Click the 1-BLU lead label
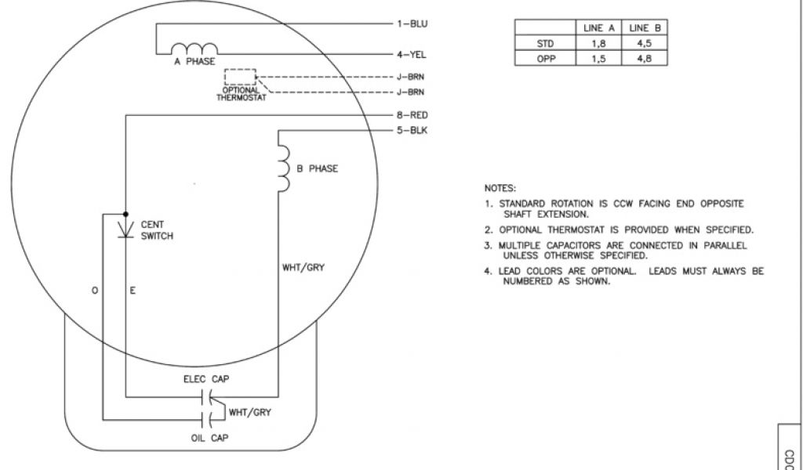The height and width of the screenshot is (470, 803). (x=412, y=23)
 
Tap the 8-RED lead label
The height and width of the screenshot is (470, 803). (x=412, y=115)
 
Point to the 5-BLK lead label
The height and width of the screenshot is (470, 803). (x=412, y=130)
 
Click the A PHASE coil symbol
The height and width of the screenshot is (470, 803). (x=189, y=49)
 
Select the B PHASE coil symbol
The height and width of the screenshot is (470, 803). (x=283, y=167)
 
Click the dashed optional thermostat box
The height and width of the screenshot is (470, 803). (x=240, y=77)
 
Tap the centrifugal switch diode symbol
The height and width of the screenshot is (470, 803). (x=125, y=229)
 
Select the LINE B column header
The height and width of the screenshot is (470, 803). (x=645, y=28)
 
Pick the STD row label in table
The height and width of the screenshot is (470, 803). (x=545, y=43)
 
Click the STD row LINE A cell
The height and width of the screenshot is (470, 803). (x=598, y=43)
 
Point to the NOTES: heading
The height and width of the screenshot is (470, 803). (x=500, y=188)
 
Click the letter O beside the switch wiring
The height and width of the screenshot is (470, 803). (x=95, y=291)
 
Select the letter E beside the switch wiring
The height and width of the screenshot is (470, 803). (x=133, y=291)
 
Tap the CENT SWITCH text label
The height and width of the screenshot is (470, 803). (x=157, y=230)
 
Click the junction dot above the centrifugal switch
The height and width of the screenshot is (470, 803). (x=125, y=212)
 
